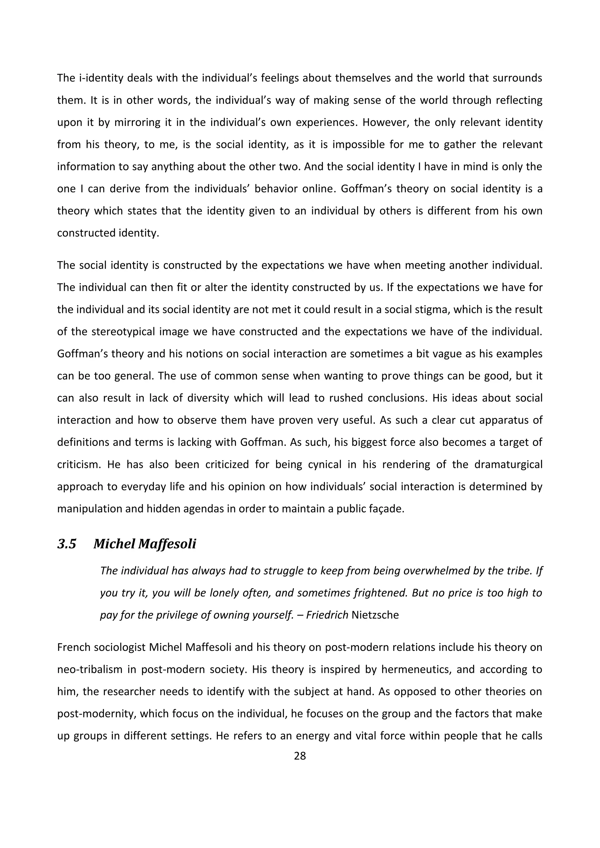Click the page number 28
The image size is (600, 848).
300,756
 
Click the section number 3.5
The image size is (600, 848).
67,544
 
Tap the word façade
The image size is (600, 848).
388,509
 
